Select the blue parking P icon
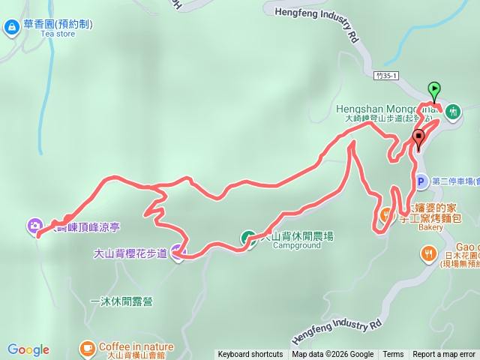[x=421, y=181]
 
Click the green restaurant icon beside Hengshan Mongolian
[x=452, y=112]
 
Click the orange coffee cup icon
[x=87, y=347]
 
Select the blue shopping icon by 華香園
[x=12, y=28]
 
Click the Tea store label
[x=58, y=34]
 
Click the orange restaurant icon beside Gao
[x=427, y=253]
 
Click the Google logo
[x=28, y=349]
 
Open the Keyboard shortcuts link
[x=250, y=355]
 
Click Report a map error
[x=444, y=355]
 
